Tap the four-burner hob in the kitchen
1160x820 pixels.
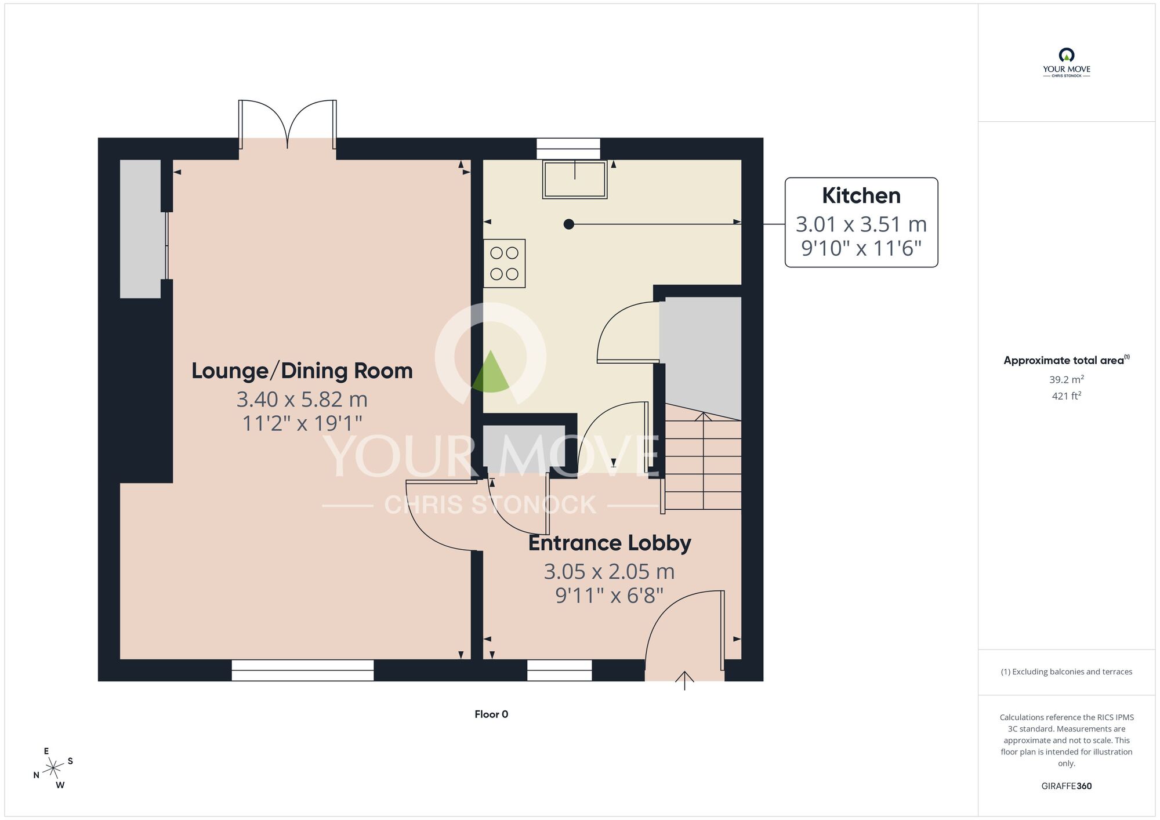[x=504, y=263]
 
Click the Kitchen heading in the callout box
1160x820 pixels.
[x=861, y=196]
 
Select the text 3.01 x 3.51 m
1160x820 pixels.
[x=861, y=224]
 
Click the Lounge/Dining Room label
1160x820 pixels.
[x=302, y=371]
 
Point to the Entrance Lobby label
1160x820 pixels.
[x=609, y=543]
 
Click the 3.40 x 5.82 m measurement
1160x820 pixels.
[x=302, y=400]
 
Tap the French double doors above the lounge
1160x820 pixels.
[x=287, y=125]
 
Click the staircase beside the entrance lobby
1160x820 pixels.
[x=703, y=464]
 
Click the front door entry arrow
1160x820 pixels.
[x=684, y=680]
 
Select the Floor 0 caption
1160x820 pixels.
[x=491, y=714]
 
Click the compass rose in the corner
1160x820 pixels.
[x=53, y=768]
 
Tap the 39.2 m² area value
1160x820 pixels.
[x=1066, y=380]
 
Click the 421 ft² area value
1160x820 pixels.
[x=1066, y=396]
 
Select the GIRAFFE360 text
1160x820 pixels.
[x=1066, y=786]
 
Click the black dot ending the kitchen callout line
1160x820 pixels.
[x=568, y=224]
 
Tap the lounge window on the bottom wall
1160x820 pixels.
[x=302, y=670]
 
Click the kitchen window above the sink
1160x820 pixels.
[x=568, y=148]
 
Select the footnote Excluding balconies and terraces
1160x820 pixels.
[x=1066, y=672]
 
